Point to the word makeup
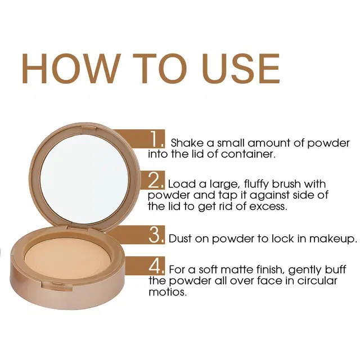pos(335,238)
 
